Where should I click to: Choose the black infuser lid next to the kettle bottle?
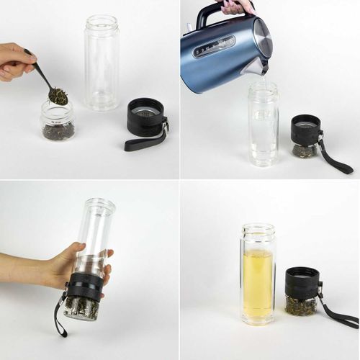click(306, 130)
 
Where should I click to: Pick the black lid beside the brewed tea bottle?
click(302, 283)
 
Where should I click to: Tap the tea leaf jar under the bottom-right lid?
click(301, 305)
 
